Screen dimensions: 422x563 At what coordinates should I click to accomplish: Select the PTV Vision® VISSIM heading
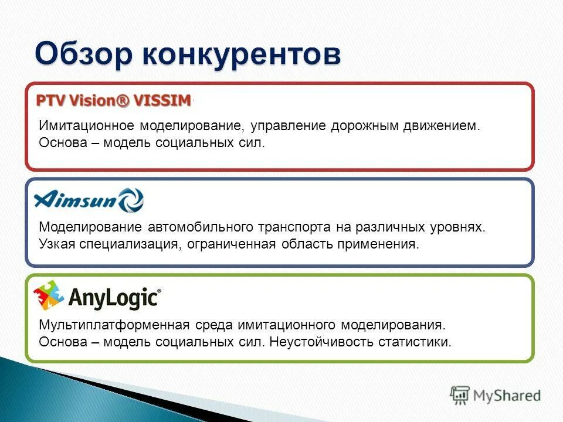(114, 100)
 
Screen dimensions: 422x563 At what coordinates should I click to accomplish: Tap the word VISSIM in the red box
(162, 100)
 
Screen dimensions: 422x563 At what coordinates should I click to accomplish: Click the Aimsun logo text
(76, 200)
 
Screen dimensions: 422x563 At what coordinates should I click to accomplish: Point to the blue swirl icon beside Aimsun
(131, 200)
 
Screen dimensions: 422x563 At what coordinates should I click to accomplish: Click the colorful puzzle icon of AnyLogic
(48, 295)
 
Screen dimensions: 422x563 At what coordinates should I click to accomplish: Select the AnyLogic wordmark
(114, 298)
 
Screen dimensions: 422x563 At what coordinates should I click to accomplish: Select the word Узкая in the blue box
(55, 243)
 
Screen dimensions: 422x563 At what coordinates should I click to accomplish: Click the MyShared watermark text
(507, 396)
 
